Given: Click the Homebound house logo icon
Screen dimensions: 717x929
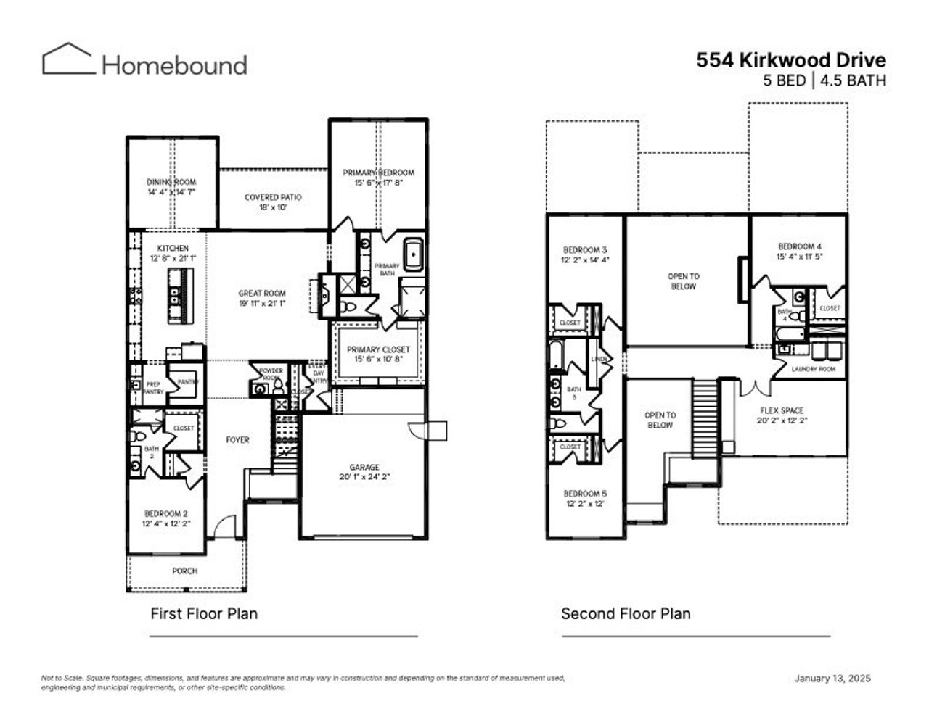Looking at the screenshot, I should pos(68,59).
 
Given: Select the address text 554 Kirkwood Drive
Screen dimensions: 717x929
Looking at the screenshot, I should pos(791,60).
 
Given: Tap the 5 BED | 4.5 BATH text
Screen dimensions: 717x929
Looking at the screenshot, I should pos(824,80).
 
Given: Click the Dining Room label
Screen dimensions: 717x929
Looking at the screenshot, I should pos(171,182).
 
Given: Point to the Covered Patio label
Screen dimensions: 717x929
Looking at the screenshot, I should pos(273,197).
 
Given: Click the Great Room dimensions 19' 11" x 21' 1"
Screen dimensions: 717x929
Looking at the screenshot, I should pos(262,304).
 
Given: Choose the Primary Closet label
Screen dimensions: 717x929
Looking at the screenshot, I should pos(377,349).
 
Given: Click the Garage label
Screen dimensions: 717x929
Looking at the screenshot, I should pos(364,468).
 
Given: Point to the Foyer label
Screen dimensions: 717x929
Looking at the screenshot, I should pos(237,440).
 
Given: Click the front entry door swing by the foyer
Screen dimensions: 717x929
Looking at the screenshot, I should pos(226,526).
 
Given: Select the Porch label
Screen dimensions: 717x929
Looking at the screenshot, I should pos(184,571).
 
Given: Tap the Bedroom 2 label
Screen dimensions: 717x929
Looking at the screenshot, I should pos(165,513).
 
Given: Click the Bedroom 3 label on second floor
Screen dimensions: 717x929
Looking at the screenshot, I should pos(584,250).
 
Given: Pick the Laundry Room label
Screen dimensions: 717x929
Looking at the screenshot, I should pos(814,369).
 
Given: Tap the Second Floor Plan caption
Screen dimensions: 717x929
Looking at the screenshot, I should pos(626,614).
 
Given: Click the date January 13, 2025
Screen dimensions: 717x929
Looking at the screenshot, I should pos(832,679).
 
